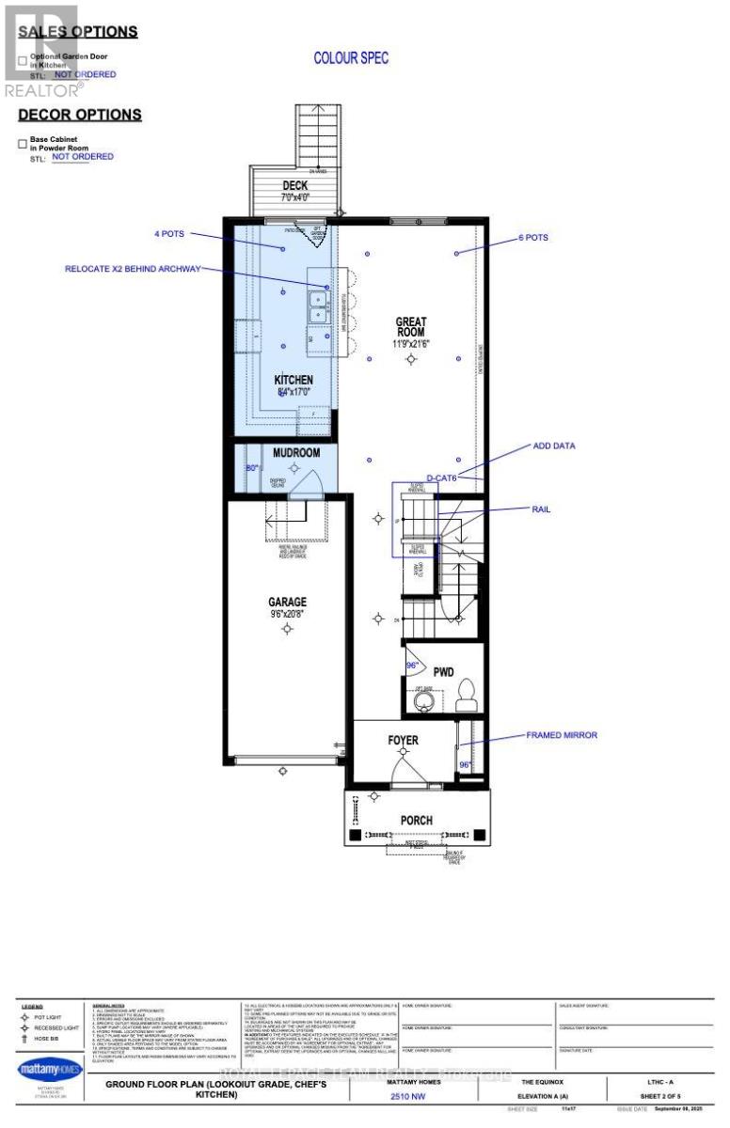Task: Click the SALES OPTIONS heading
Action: pos(78,31)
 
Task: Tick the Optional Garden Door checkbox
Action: pos(23,61)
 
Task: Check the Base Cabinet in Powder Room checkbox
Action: pos(23,144)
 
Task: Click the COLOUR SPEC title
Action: pos(351,58)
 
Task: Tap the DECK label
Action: pos(295,185)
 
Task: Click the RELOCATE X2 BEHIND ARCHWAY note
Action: pos(133,269)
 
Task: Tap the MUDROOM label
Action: pos(296,452)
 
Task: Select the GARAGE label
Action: pos(286,602)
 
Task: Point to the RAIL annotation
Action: pos(541,509)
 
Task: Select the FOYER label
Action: pos(403,741)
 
